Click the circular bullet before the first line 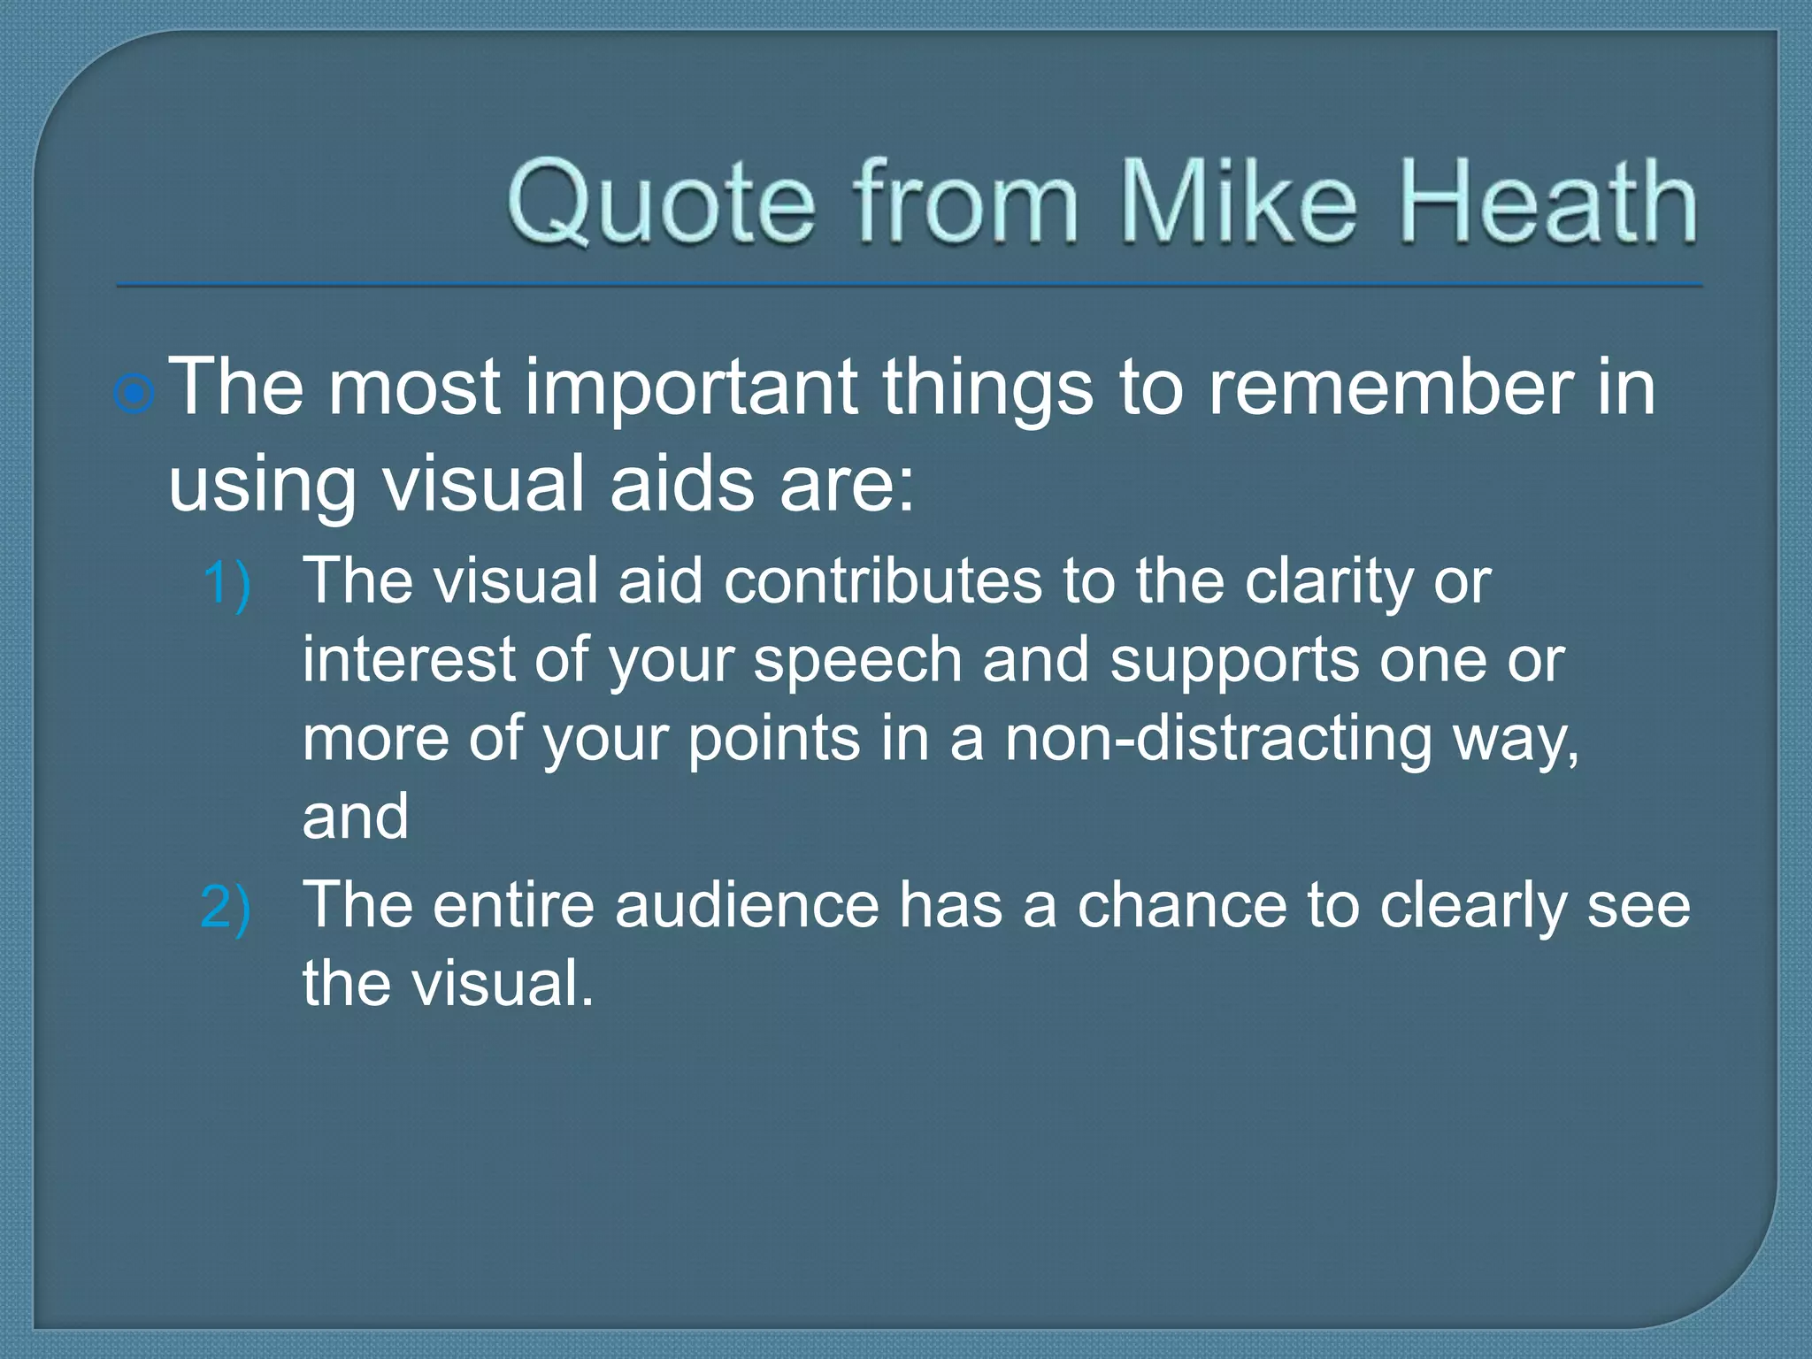tap(135, 394)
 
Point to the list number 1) tap(226, 585)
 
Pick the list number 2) tap(226, 908)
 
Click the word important tap(691, 388)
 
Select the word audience tap(747, 905)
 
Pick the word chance tap(1181, 905)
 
